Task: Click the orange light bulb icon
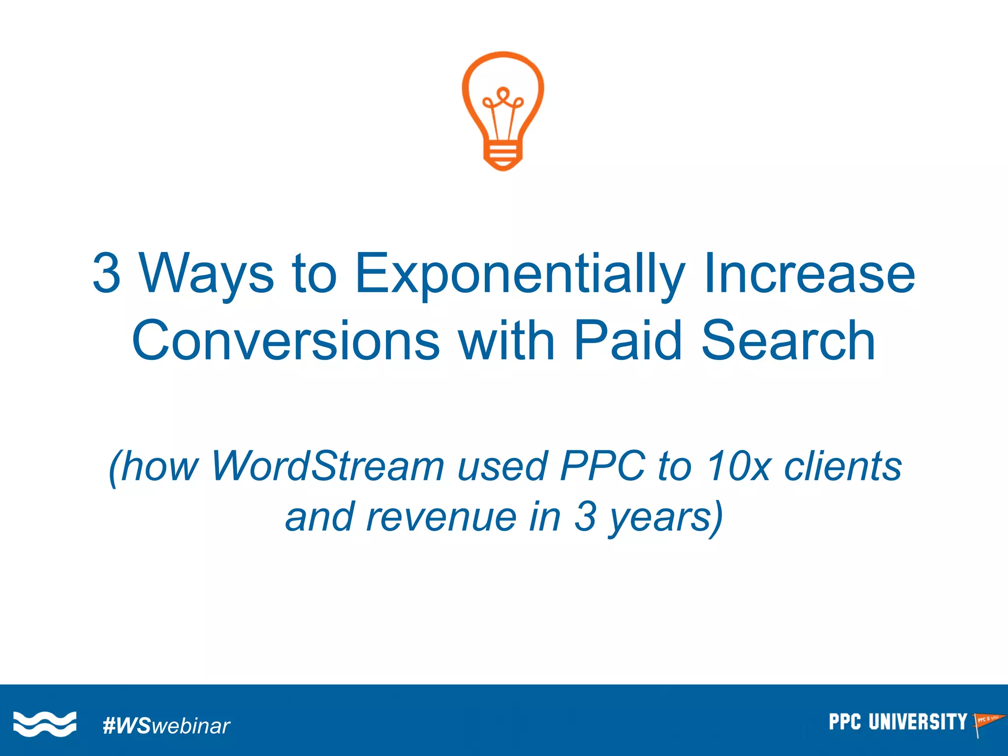(503, 108)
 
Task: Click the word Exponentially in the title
(520, 274)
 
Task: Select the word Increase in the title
(809, 274)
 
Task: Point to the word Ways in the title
(206, 274)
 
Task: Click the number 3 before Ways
(106, 274)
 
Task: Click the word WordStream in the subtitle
(327, 466)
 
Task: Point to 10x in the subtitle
(738, 466)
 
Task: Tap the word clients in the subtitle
(843, 466)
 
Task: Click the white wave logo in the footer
(45, 724)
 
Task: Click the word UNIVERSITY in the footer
(917, 722)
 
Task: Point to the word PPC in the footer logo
(845, 722)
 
